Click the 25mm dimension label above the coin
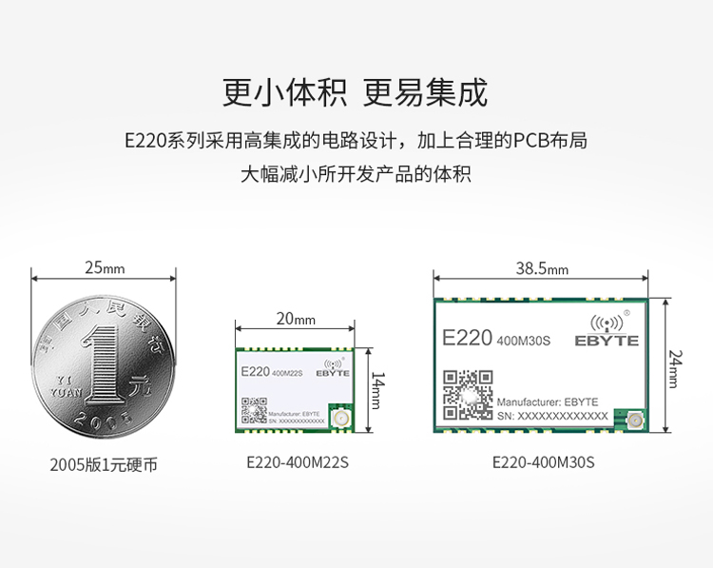point(105,267)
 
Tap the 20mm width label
point(296,320)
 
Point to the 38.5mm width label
point(542,268)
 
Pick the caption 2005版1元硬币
point(104,465)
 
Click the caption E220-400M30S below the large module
point(543,463)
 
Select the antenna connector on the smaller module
point(341,420)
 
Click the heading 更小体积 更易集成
point(355,93)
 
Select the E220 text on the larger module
point(467,339)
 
